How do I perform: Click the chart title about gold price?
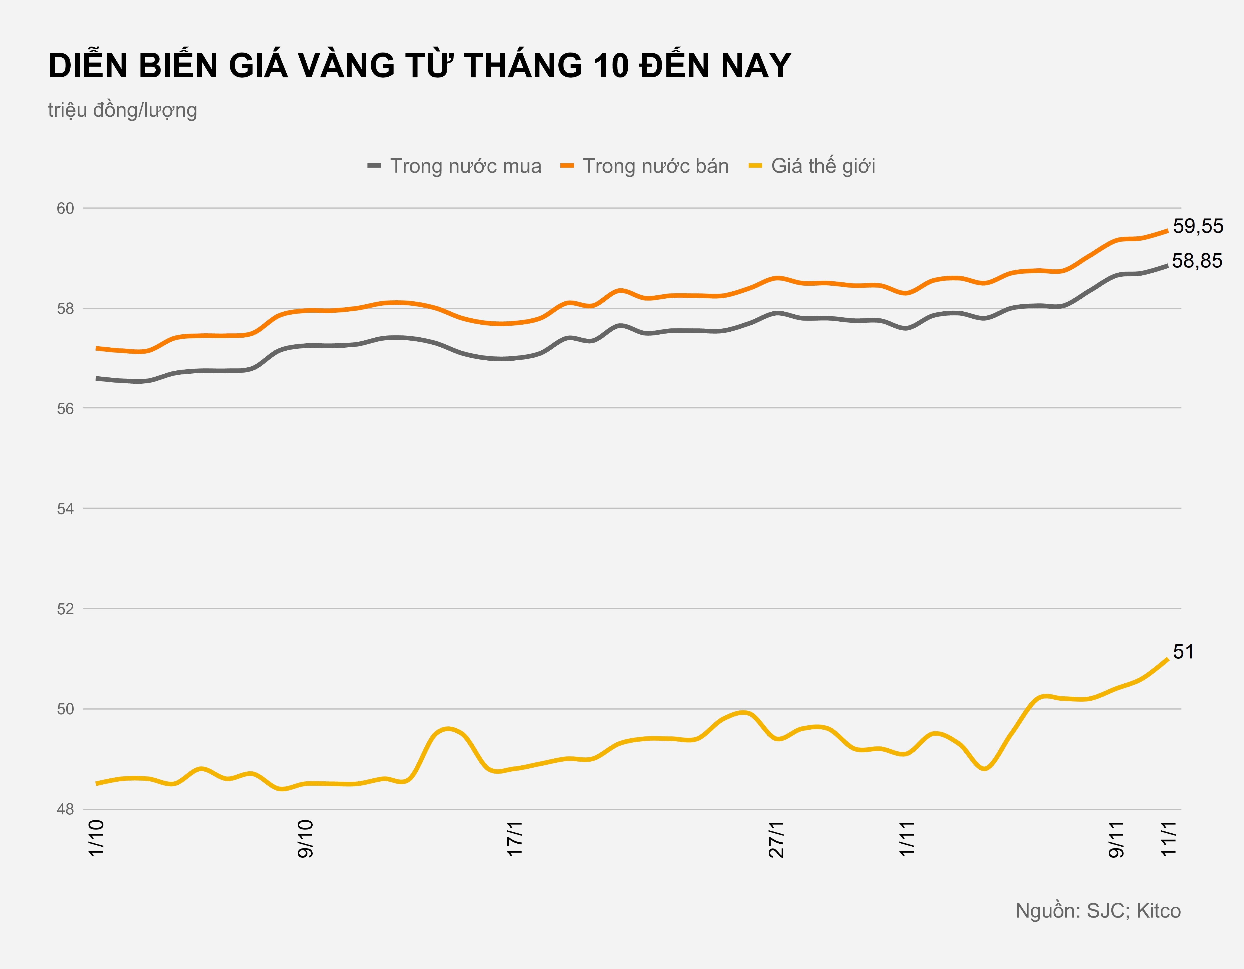(420, 66)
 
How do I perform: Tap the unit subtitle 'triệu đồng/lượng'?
(122, 110)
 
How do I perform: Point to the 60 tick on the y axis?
(66, 208)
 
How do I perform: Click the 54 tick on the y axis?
(66, 509)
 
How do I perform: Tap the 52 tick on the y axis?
(66, 609)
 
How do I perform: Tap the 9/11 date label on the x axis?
(1117, 839)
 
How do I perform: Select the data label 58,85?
(1197, 261)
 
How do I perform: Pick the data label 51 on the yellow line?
(1183, 652)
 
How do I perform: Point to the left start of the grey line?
(97, 378)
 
